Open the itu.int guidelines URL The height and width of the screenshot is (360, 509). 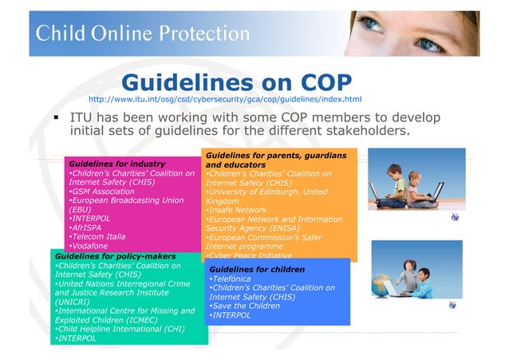224,100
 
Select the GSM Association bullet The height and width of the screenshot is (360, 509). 101,192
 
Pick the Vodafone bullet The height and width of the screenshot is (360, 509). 93,247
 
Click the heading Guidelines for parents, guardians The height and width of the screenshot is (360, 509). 275,153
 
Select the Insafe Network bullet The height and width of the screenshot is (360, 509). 237,209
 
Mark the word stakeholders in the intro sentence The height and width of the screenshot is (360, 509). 366,130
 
